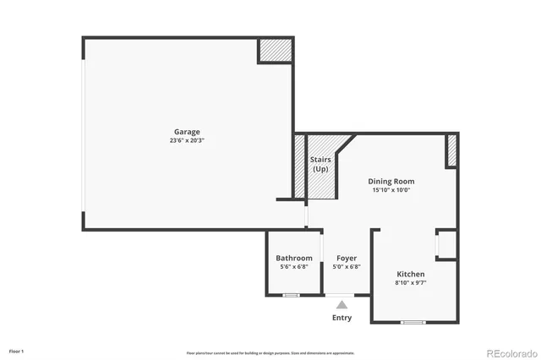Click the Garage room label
(x=187, y=132)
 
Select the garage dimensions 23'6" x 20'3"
(x=187, y=140)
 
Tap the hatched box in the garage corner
(x=276, y=50)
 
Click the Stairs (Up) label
(x=320, y=163)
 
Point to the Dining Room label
(x=391, y=181)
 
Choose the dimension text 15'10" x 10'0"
(x=391, y=190)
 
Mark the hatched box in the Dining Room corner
(x=451, y=150)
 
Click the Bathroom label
(x=294, y=258)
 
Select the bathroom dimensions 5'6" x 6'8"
(x=294, y=266)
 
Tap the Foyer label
(x=347, y=258)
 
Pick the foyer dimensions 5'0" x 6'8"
(x=347, y=266)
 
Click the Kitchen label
(x=411, y=274)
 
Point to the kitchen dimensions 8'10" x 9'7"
(x=411, y=283)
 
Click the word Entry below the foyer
(x=342, y=318)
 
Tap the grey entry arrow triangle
(x=342, y=304)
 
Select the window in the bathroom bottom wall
(x=291, y=295)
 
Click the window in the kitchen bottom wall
(x=412, y=322)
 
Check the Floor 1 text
(x=17, y=351)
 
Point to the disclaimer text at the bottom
(x=270, y=353)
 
